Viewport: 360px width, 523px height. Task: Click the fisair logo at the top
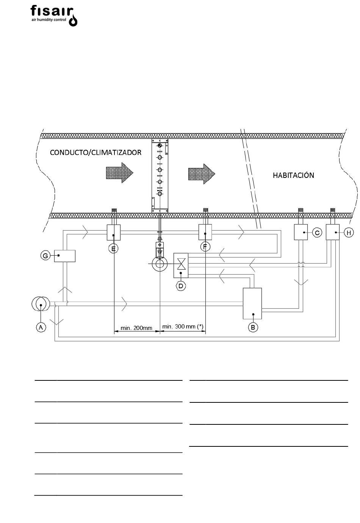(x=54, y=16)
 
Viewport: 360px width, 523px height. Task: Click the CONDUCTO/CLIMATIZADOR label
(x=95, y=152)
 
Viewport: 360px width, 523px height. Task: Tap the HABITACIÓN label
(x=293, y=175)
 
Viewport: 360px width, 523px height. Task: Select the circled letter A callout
(x=41, y=327)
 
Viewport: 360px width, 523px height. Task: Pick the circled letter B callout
(x=253, y=327)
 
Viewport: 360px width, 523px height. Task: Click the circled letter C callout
(x=317, y=232)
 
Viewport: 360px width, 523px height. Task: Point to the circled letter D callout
(x=181, y=286)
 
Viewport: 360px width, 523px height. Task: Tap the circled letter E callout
(x=113, y=249)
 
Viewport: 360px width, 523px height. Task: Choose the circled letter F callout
(x=205, y=247)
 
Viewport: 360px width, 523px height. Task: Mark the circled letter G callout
(x=45, y=256)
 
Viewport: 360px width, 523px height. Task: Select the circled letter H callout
(x=349, y=232)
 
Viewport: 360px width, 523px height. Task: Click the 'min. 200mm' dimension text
(x=136, y=328)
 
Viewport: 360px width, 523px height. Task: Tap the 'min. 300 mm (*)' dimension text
(x=183, y=327)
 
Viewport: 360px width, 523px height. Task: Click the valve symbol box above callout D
(x=181, y=265)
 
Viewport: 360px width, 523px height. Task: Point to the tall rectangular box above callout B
(x=252, y=303)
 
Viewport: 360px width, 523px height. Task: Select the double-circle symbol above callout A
(x=41, y=304)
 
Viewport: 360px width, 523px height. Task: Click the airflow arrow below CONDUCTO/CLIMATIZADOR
(x=120, y=173)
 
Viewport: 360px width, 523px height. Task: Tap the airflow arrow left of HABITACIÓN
(x=202, y=174)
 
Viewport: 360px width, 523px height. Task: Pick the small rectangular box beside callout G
(x=65, y=256)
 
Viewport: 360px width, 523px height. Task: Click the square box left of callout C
(x=301, y=232)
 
